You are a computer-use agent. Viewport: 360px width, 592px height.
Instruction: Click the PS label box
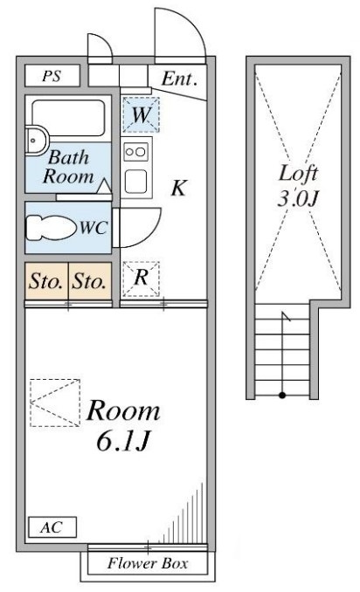(x=52, y=75)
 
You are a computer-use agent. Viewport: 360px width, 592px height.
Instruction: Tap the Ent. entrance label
(x=179, y=79)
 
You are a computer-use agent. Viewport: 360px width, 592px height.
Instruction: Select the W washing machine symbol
(x=141, y=114)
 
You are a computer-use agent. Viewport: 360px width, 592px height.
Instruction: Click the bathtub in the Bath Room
(x=68, y=117)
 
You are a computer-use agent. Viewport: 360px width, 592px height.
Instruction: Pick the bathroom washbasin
(x=36, y=141)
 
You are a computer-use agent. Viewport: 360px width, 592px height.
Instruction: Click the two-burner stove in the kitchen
(x=135, y=152)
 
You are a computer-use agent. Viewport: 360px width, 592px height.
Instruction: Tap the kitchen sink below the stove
(x=136, y=182)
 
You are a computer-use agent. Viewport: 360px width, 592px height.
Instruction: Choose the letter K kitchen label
(x=178, y=188)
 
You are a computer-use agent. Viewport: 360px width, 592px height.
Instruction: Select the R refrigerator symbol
(x=141, y=279)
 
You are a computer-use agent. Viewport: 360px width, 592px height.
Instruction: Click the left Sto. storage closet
(x=46, y=281)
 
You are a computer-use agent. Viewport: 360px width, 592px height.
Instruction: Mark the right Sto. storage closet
(x=90, y=281)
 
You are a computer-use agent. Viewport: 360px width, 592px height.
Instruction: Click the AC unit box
(x=52, y=527)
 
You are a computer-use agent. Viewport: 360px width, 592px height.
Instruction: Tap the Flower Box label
(x=148, y=563)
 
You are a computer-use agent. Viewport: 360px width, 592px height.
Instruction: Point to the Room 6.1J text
(x=123, y=425)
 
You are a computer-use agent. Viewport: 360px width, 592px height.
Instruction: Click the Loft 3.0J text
(x=298, y=186)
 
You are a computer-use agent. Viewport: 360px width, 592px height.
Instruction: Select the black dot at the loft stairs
(x=282, y=396)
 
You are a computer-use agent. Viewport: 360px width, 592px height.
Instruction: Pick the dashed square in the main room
(x=55, y=403)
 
